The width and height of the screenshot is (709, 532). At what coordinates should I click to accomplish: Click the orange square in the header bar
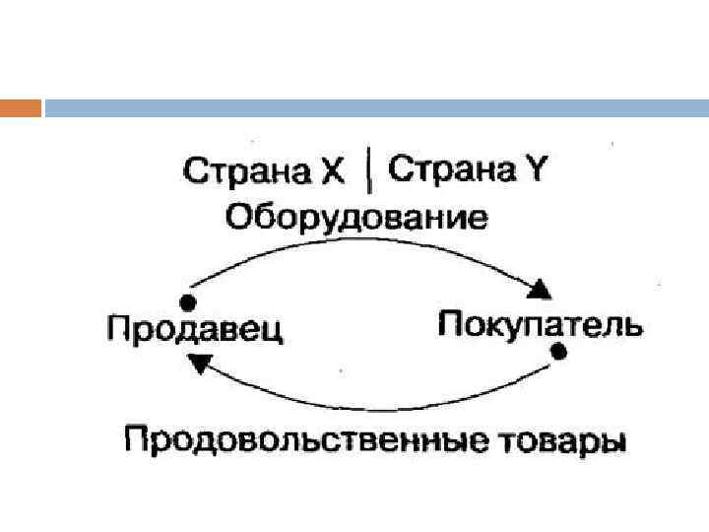21,107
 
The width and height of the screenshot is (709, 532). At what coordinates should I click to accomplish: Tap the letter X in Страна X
333,172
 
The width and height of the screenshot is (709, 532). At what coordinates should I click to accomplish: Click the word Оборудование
356,216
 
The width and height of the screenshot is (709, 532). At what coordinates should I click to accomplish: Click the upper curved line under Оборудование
364,244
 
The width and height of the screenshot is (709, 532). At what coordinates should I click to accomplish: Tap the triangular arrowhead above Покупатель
540,289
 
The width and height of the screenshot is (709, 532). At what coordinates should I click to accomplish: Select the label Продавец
195,329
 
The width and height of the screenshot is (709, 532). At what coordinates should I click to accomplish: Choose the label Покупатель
539,323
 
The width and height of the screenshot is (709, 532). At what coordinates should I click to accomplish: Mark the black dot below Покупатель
558,352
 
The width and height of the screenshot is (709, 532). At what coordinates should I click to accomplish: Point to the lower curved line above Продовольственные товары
374,407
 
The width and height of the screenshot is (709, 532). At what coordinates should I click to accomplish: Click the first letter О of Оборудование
239,216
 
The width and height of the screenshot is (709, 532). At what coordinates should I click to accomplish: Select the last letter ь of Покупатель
632,324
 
